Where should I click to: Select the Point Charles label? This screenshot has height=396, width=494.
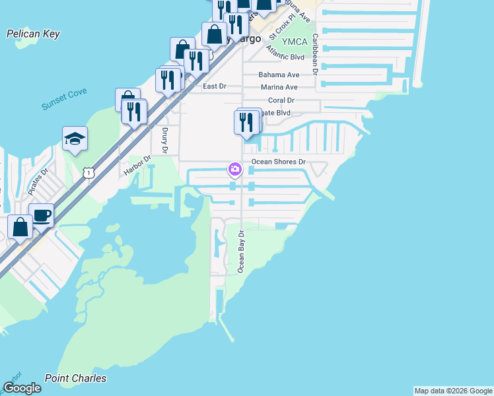[75, 378]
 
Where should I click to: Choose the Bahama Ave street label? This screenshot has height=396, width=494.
[279, 75]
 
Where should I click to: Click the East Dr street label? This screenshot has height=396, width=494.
[214, 86]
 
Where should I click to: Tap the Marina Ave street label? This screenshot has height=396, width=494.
[279, 87]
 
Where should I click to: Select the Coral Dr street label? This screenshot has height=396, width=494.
[281, 100]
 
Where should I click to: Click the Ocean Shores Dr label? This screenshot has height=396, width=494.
[279, 162]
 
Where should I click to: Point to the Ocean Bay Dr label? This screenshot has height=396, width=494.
[241, 251]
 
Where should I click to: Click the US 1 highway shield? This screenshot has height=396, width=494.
[88, 172]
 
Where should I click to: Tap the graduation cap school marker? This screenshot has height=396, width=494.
[75, 139]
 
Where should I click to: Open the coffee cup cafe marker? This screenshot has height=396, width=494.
[42, 215]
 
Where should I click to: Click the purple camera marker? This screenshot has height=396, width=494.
[234, 169]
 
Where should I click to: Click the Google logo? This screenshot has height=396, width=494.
[22, 388]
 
